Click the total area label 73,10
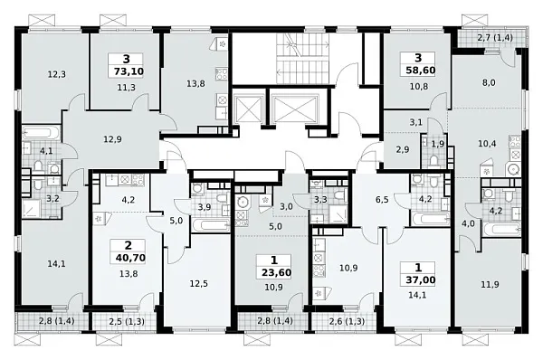pos(129,71)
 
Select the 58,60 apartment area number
pos(421,71)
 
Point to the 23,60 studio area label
pos(276,272)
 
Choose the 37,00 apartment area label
pos(421,279)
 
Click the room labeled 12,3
pos(57,74)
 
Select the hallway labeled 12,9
pos(112,139)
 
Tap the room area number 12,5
pos(199,284)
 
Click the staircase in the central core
pos(302,58)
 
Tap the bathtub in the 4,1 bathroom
pos(42,133)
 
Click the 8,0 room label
pos(489,82)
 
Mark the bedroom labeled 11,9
pos(490,285)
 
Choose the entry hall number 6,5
pos(382,200)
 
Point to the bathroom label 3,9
pos(205,207)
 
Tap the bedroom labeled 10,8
pos(419,87)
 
